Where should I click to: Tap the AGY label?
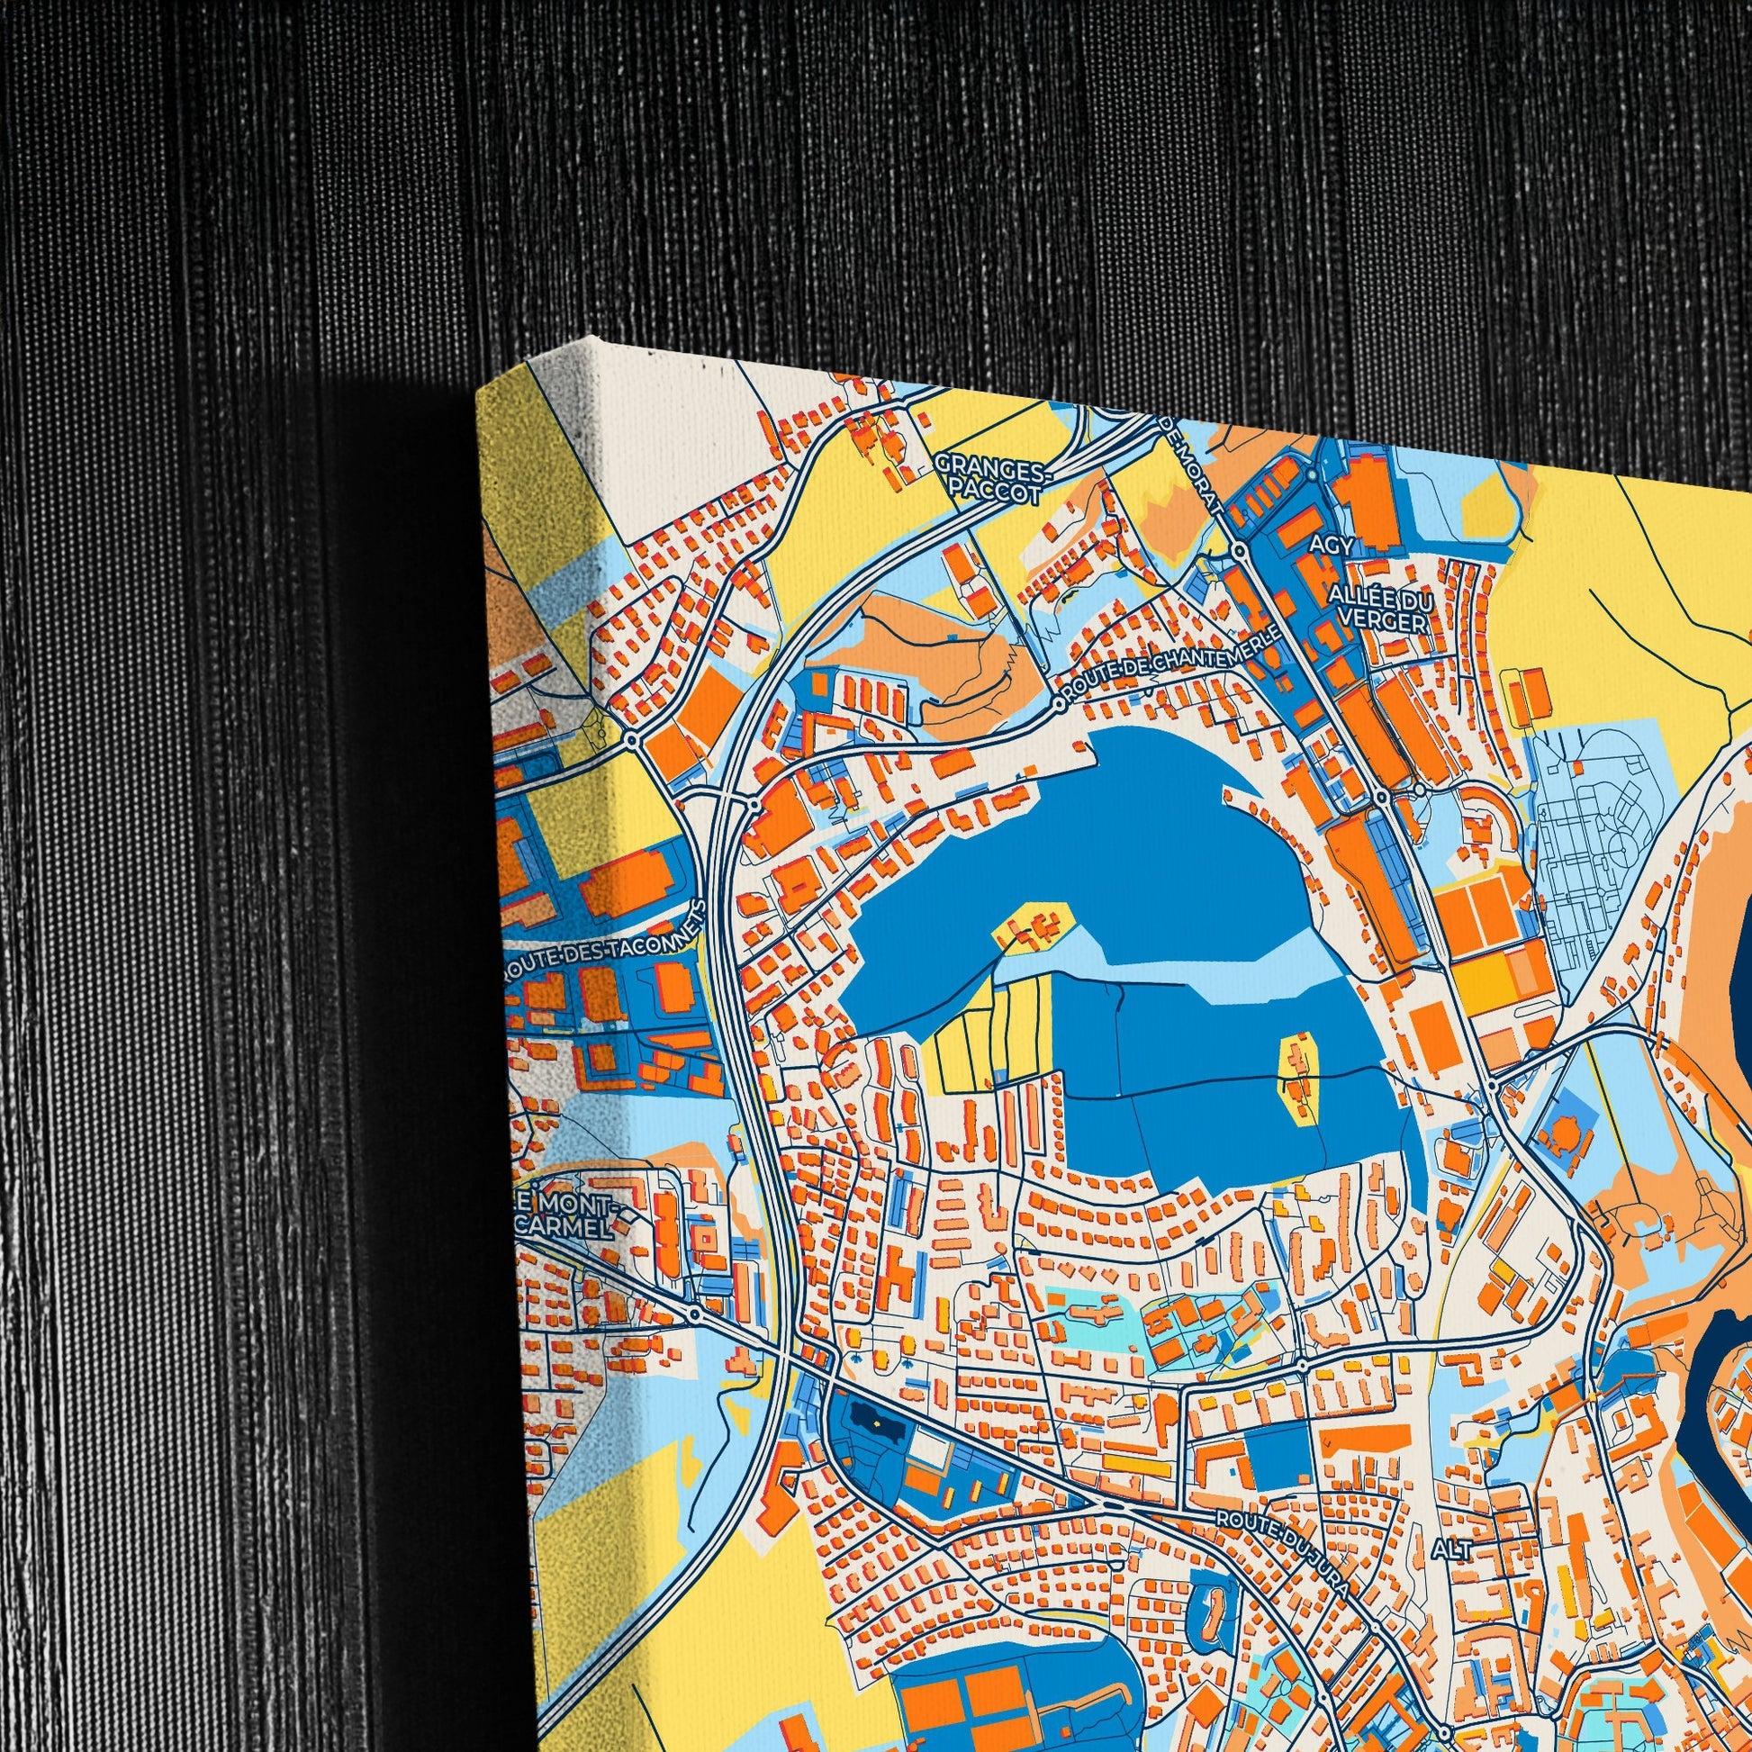pos(1332,544)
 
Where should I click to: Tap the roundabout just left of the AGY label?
pos(1238,550)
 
